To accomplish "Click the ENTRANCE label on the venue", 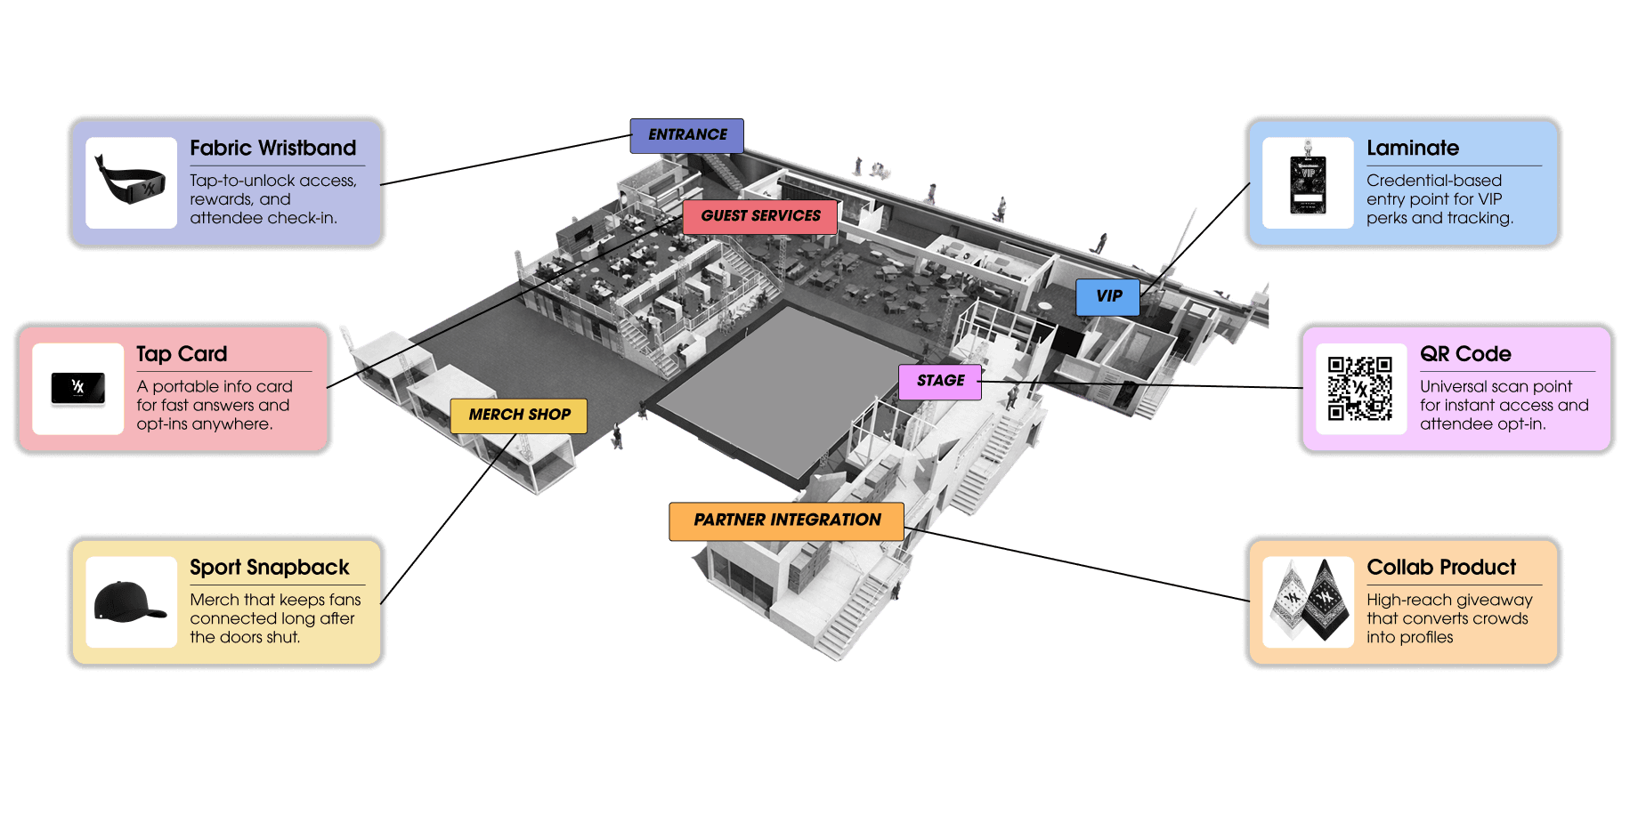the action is pyautogui.click(x=686, y=135).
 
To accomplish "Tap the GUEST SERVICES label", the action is pyautogui.click(x=760, y=216).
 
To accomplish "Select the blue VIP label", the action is pyautogui.click(x=1107, y=296).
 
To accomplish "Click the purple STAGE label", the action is pyautogui.click(x=940, y=381).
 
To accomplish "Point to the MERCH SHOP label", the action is pyautogui.click(x=519, y=415).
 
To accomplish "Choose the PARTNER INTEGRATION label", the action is pyautogui.click(x=786, y=520).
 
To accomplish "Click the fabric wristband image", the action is pyautogui.click(x=132, y=182).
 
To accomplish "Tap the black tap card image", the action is pyautogui.click(x=78, y=389).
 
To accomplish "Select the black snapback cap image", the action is pyautogui.click(x=130, y=602).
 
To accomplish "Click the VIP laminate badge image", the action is pyautogui.click(x=1308, y=182).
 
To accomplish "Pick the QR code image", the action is pyautogui.click(x=1360, y=389).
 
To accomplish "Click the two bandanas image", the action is pyautogui.click(x=1308, y=602).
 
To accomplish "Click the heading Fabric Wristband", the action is pyautogui.click(x=272, y=149).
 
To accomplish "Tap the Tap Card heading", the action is pyautogui.click(x=182, y=354).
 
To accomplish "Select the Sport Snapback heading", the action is pyautogui.click(x=269, y=568).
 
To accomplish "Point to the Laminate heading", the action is pyautogui.click(x=1413, y=149).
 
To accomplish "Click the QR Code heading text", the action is pyautogui.click(x=1465, y=354).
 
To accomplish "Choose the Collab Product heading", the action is pyautogui.click(x=1441, y=568).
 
